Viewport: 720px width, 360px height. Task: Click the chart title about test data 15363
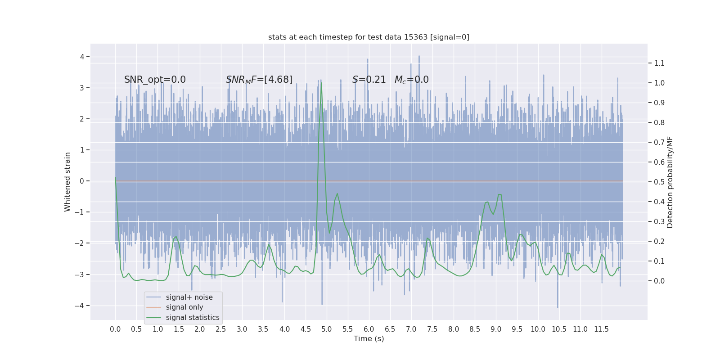[x=369, y=37]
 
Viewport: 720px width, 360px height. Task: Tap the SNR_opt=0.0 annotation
[x=155, y=80]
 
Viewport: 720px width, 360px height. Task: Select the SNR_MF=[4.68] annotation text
[x=259, y=80]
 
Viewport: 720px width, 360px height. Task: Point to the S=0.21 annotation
[x=369, y=80]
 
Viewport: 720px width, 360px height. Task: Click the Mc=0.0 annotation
[x=411, y=80]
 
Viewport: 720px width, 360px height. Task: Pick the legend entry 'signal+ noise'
[x=189, y=297]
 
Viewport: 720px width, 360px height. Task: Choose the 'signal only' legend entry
[x=184, y=307]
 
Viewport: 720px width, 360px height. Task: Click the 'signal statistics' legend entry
[x=193, y=318]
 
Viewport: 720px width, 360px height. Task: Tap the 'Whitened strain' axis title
[x=67, y=182]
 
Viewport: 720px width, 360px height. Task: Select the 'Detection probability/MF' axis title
[x=670, y=182]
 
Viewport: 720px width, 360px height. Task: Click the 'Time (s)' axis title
[x=369, y=338]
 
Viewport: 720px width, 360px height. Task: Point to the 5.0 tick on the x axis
[x=327, y=329]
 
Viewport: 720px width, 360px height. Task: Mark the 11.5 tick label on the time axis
[x=601, y=329]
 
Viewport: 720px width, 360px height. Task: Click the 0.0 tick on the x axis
[x=115, y=329]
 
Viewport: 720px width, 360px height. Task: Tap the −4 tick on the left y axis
[x=81, y=306]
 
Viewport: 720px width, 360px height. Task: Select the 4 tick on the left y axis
[x=82, y=57]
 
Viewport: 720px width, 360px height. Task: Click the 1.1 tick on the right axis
[x=659, y=63]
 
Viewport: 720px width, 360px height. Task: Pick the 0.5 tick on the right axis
[x=659, y=182]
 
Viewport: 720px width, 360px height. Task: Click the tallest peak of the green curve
[x=321, y=83]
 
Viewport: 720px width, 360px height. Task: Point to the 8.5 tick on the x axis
[x=475, y=329]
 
